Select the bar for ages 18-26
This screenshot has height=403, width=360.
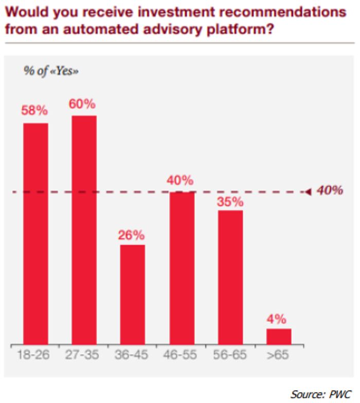35,234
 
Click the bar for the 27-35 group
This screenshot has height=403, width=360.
84,230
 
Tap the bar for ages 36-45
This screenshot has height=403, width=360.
133,294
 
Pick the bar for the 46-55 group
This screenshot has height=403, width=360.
182,268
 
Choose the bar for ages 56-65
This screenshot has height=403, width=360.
230,277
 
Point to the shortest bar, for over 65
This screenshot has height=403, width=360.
279,337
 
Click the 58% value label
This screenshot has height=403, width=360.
34,111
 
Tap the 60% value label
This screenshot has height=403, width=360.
82,104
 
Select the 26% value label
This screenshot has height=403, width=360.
131,235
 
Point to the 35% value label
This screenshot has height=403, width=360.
230,202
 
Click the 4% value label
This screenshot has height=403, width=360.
276,319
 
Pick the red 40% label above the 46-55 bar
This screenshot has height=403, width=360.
180,181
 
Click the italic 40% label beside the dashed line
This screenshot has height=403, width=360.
330,190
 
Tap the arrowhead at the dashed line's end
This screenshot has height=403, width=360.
309,192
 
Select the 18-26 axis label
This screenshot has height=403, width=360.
33,355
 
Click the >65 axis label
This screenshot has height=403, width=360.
278,355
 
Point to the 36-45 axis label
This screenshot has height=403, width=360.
131,355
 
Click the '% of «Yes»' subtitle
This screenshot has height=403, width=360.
51,71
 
